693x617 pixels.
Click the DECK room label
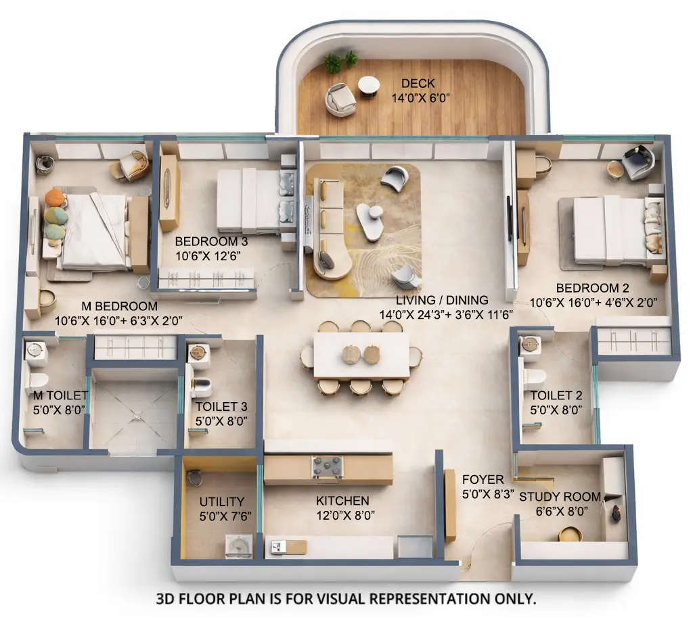(419, 83)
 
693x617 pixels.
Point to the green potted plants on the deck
(340, 61)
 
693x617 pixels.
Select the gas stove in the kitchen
(327, 467)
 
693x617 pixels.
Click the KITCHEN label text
(342, 501)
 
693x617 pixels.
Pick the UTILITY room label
(221, 501)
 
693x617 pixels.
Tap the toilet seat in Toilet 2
(535, 375)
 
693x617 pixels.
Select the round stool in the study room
(570, 534)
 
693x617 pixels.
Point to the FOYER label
(483, 480)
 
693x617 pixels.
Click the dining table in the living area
(361, 355)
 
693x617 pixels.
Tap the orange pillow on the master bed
(54, 198)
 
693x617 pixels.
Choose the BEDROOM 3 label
(206, 242)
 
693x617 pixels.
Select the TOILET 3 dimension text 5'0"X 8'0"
(221, 421)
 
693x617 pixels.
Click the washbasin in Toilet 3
(198, 351)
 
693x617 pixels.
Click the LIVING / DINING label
(442, 301)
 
